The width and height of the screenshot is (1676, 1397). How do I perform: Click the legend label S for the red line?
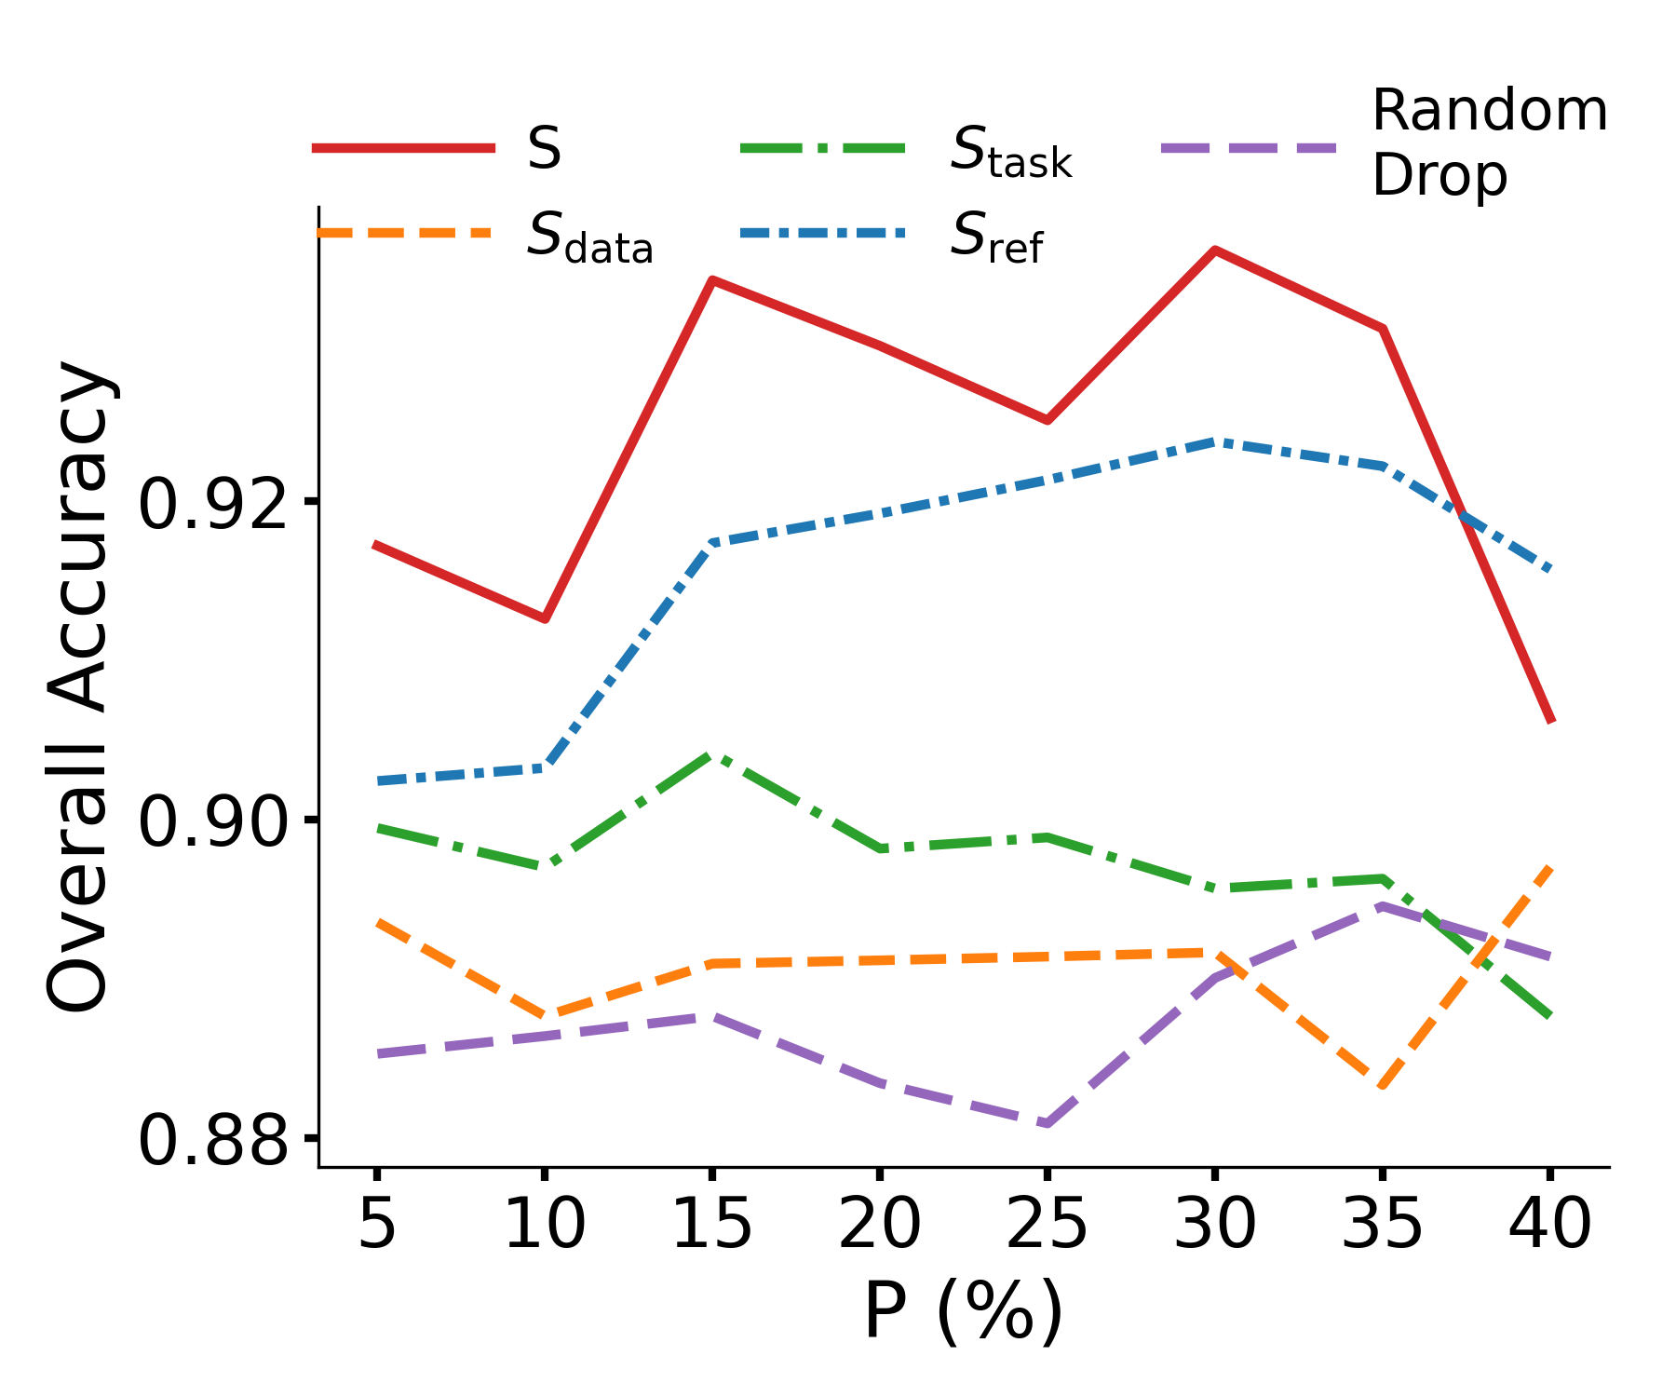(x=545, y=148)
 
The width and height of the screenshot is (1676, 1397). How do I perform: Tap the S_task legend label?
(x=1011, y=152)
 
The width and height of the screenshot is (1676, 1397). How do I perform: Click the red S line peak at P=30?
(x=1214, y=251)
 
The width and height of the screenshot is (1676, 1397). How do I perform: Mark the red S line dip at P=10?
(x=545, y=618)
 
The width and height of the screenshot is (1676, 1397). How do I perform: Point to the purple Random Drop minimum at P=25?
(x=1047, y=1124)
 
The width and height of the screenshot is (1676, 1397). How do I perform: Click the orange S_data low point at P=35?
(x=1383, y=1086)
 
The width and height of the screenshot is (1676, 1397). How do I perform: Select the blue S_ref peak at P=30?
(x=1214, y=441)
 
